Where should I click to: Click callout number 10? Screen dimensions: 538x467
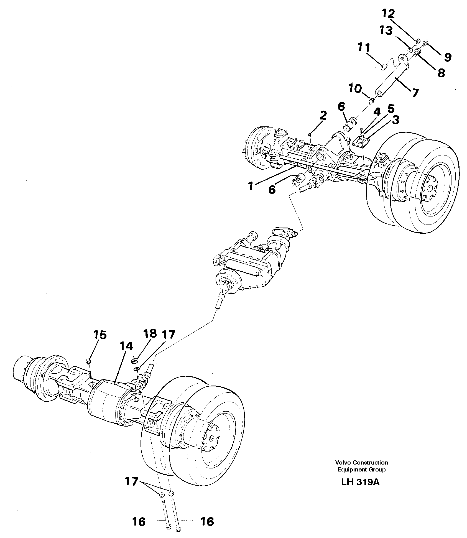(x=355, y=89)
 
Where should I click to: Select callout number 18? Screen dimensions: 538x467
(x=150, y=333)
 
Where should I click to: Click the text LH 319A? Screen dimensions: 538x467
(x=360, y=482)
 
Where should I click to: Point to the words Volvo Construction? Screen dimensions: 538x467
(x=361, y=462)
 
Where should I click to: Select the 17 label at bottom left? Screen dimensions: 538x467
(x=131, y=481)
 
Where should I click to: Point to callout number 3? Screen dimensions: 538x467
(x=395, y=120)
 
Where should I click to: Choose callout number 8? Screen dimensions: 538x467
(x=441, y=73)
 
